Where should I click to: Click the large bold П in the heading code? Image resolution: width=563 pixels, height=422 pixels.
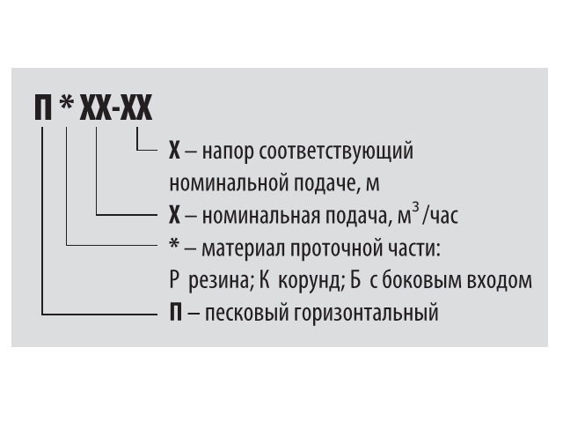pos(43,107)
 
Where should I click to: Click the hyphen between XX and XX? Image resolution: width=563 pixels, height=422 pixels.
pos(116,110)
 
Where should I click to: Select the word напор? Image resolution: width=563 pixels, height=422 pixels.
pos(227,152)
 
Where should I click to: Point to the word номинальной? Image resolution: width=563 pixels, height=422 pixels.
pos(229,183)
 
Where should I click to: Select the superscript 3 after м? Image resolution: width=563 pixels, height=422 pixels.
pos(415,207)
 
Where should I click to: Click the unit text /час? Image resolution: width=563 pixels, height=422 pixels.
pos(440,215)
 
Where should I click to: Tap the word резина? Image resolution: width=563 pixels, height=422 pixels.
pos(218,281)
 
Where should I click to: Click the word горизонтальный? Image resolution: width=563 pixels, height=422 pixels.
pos(366,313)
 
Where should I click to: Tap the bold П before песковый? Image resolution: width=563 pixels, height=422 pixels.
pos(175,313)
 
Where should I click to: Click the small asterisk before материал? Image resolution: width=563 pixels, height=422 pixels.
pos(174,245)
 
